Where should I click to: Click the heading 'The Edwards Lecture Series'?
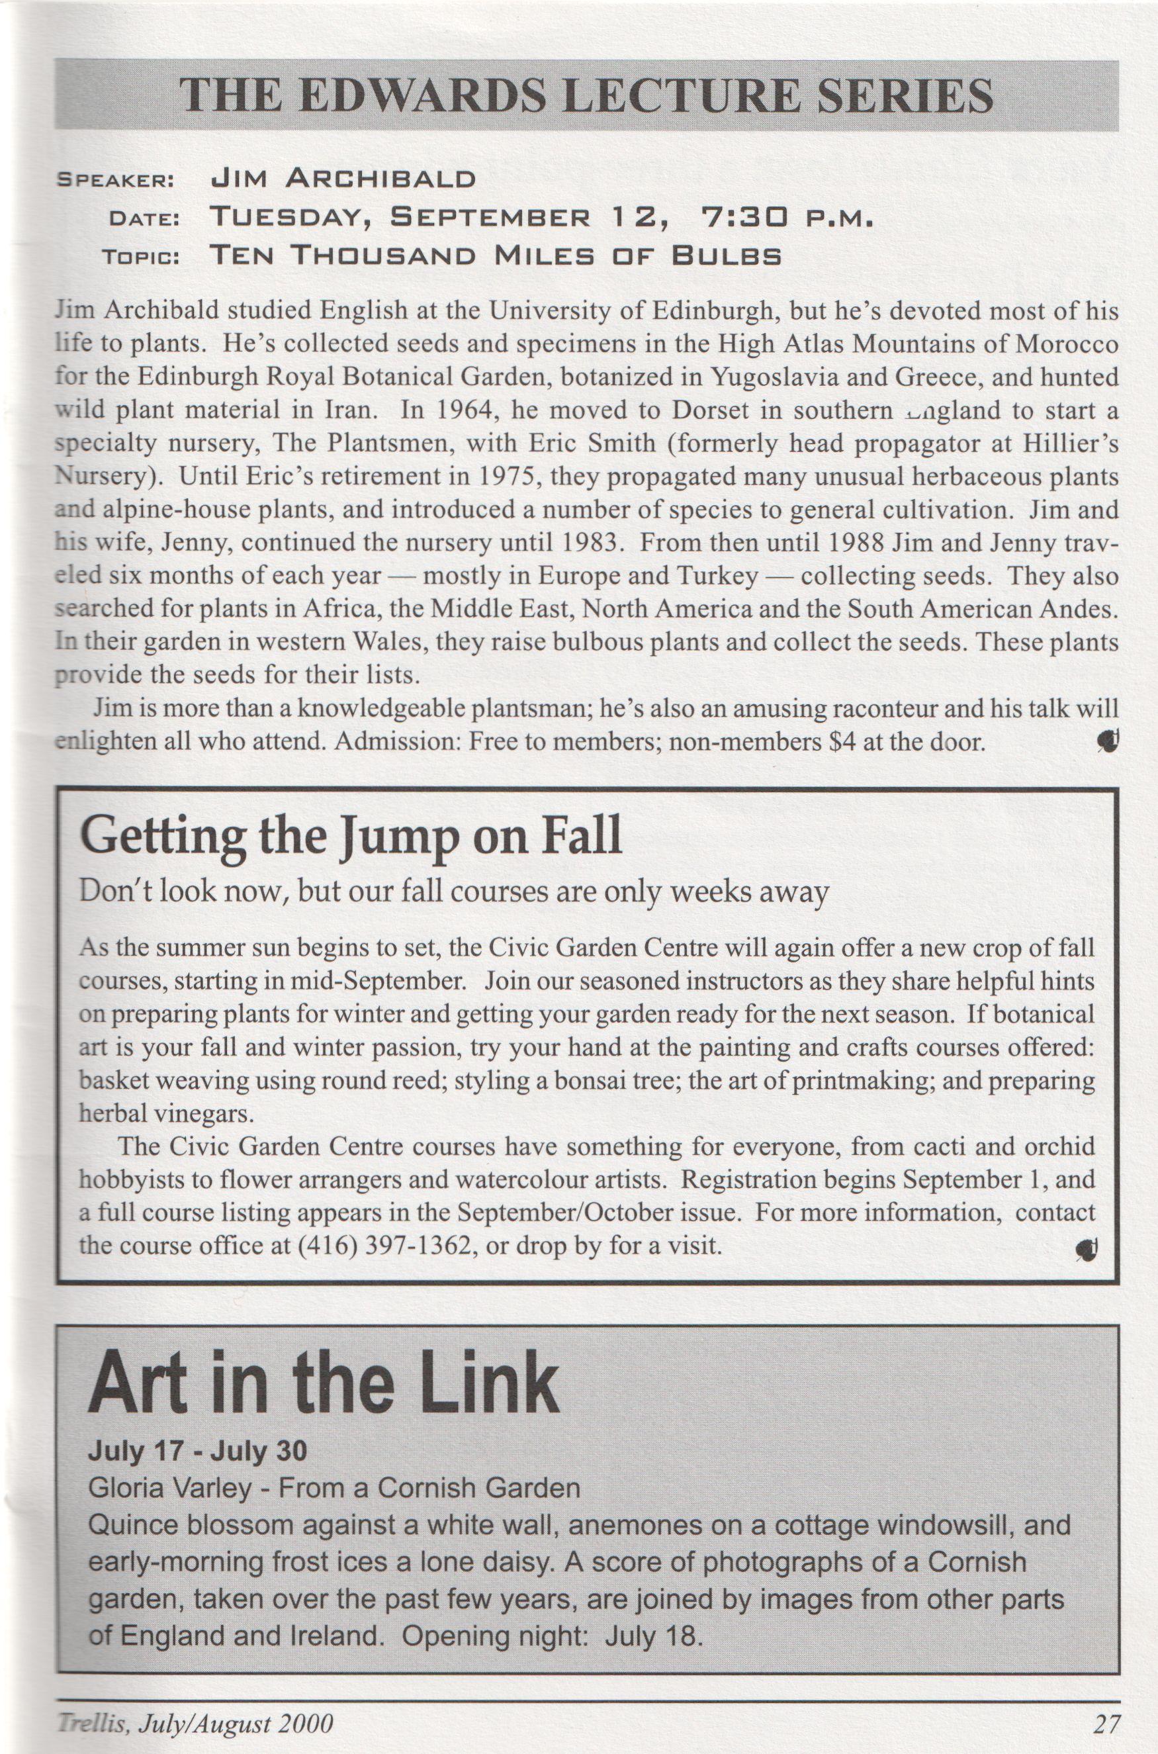click(586, 96)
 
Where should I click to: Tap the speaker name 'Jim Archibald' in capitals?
click(343, 178)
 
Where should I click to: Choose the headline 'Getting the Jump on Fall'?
click(350, 837)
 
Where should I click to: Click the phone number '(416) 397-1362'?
click(384, 1246)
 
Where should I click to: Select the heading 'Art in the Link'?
click(323, 1383)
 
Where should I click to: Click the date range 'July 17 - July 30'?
click(197, 1452)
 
